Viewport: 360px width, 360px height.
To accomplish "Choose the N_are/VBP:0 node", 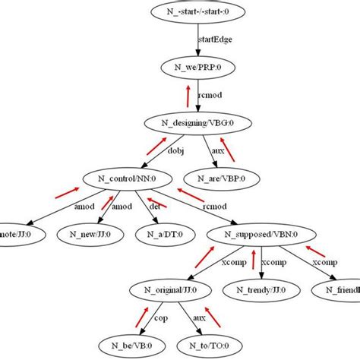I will [x=232, y=178].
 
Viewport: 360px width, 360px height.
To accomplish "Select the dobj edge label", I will [x=175, y=150].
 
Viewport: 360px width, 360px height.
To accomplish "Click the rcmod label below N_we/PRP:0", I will [x=210, y=96].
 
